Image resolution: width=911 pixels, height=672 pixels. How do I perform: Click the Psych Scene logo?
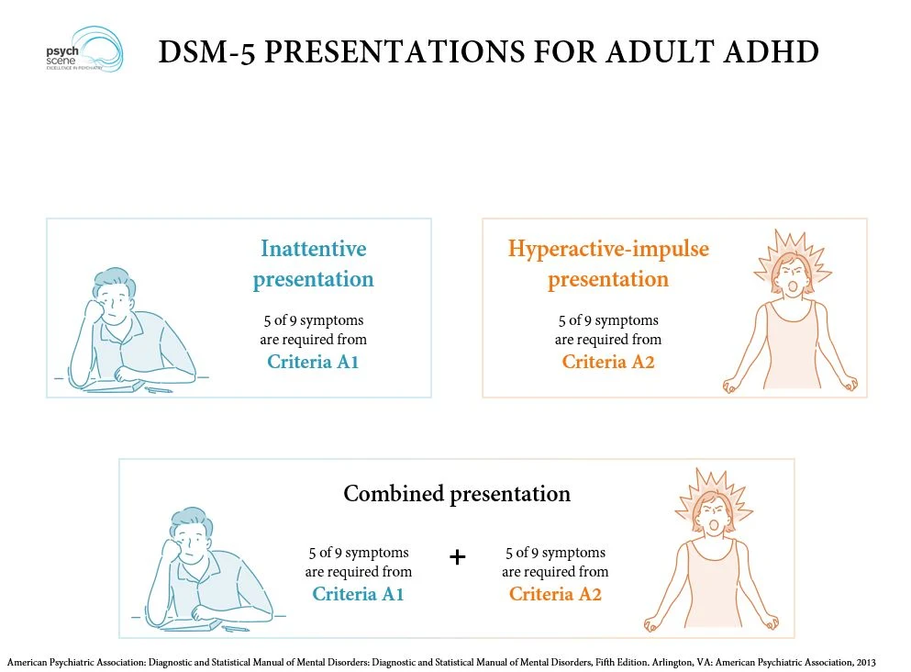tap(84, 50)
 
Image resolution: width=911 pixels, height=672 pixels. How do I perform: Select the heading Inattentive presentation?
tap(313, 263)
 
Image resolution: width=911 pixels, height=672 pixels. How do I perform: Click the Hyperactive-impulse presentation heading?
tap(608, 263)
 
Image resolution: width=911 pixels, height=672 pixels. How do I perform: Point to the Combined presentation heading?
tap(457, 494)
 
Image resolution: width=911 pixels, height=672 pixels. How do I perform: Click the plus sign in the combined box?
tap(458, 557)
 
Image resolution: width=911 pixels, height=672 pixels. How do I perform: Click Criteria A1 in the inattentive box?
tap(313, 362)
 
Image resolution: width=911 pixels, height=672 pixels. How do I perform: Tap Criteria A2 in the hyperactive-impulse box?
tap(608, 362)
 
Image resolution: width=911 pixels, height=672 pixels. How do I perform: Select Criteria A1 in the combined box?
tap(358, 594)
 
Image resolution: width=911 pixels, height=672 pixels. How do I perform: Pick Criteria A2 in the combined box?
tap(555, 594)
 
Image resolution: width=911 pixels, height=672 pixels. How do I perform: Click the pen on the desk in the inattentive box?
tap(157, 389)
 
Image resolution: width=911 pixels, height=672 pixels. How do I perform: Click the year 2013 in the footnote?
tap(862, 662)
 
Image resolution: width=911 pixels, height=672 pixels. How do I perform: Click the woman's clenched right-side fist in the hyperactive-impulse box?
tap(849, 382)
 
